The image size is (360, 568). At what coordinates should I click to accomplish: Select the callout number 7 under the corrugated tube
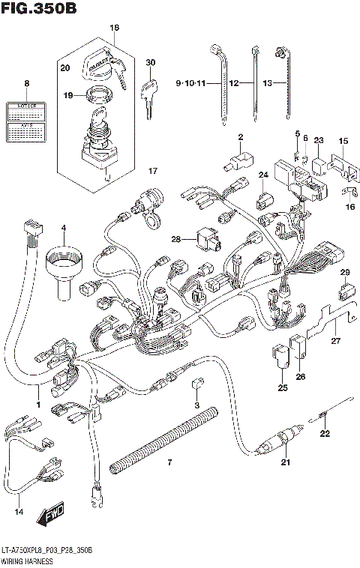[x=169, y=462]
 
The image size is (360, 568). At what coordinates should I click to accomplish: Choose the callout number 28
[x=175, y=240]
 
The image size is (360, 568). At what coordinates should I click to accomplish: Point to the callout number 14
[x=19, y=513]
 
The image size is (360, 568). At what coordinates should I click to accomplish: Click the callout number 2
[x=241, y=136]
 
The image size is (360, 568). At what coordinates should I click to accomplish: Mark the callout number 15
[x=343, y=141]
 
